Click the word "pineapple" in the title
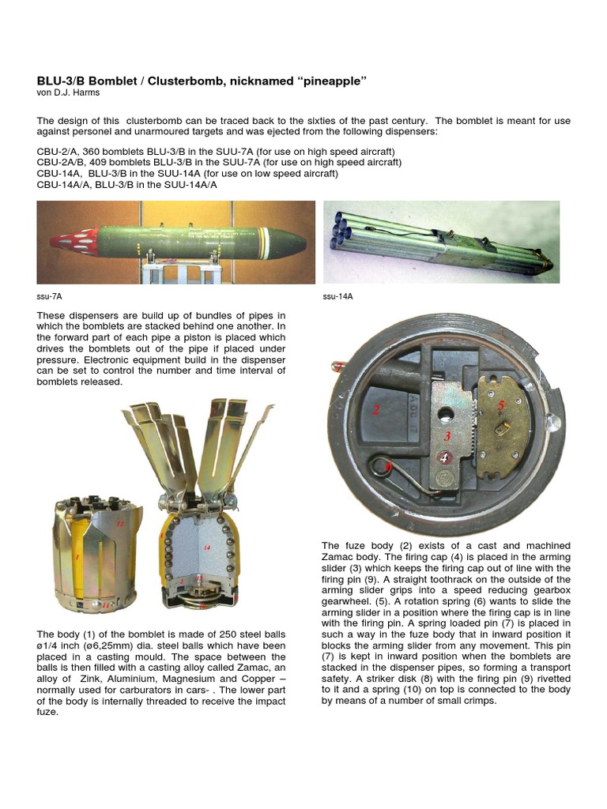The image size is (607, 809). tap(330, 82)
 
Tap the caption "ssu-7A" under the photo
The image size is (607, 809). tap(49, 296)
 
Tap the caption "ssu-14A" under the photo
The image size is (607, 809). tap(337, 296)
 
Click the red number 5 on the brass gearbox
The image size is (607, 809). tap(500, 404)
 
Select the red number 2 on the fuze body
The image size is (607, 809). tap(377, 409)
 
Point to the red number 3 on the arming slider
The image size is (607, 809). tap(447, 436)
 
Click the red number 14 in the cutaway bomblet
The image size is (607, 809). tap(208, 547)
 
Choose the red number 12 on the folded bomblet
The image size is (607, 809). tap(121, 524)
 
